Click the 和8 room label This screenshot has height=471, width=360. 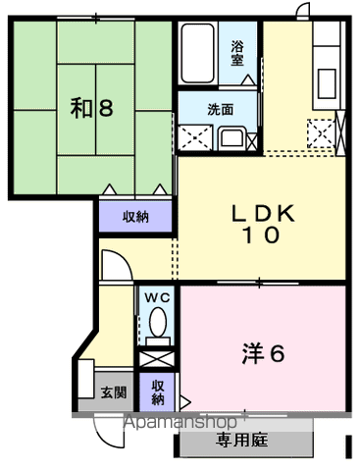[92, 109]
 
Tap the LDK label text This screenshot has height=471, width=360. [263, 214]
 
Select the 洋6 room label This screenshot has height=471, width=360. [263, 353]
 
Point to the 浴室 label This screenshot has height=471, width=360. [237, 53]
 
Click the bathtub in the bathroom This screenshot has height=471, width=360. [198, 52]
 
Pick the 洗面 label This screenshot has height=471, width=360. [221, 110]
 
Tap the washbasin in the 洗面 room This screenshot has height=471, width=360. [231, 138]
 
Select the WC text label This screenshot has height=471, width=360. [157, 297]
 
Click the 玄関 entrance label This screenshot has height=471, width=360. [114, 392]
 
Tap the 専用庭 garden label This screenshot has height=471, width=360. [242, 440]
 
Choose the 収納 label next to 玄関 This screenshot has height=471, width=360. [157, 392]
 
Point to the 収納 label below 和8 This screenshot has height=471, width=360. [135, 217]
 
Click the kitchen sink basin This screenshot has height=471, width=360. [327, 83]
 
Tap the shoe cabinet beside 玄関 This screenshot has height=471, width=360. [86, 379]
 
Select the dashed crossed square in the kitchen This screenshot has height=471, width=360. [321, 133]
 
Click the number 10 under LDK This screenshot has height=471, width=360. [261, 235]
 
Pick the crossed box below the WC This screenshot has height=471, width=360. [157, 359]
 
